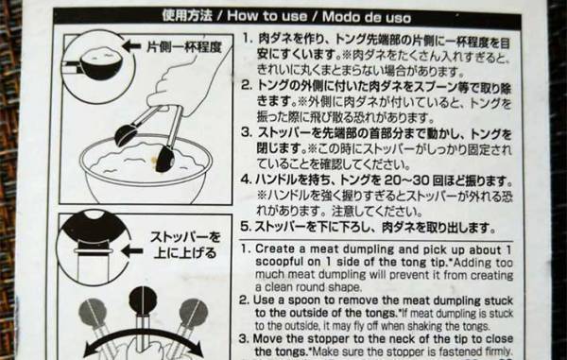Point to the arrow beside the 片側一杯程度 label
[x=134, y=45]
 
